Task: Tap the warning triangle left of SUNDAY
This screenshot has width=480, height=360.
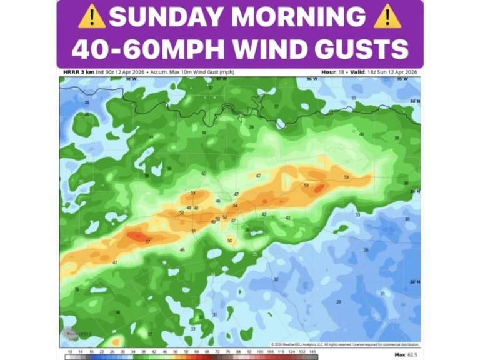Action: point(91,17)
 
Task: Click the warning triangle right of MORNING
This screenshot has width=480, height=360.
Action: point(387,17)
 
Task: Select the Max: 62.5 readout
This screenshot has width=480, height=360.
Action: point(406,354)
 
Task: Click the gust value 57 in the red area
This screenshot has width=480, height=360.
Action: point(147,241)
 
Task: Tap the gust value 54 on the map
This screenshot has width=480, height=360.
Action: point(235,206)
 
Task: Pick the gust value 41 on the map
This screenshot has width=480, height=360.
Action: point(151,137)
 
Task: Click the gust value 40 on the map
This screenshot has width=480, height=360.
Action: point(361,134)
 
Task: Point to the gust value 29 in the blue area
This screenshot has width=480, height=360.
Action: point(338,302)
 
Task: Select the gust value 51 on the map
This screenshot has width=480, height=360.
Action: point(193,231)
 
